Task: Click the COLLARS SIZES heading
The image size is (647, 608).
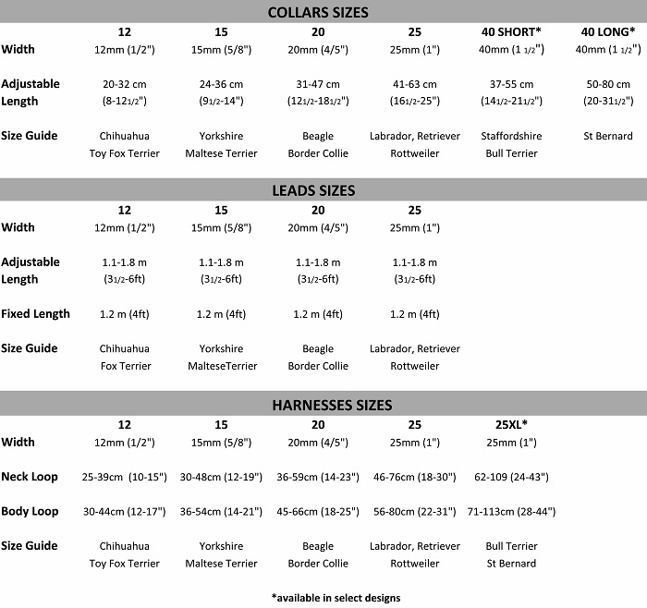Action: (x=317, y=12)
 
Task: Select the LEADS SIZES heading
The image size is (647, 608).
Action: (x=317, y=190)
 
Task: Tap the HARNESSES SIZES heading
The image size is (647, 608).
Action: (x=319, y=405)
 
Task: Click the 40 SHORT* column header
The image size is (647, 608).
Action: (x=511, y=31)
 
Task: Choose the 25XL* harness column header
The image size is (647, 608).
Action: (x=511, y=424)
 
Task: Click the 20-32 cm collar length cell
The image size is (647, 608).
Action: (x=125, y=84)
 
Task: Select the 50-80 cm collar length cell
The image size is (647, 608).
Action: (x=607, y=84)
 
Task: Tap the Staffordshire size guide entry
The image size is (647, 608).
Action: (x=511, y=136)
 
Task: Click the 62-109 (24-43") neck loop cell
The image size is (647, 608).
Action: (x=511, y=477)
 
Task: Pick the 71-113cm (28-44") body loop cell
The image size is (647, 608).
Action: (x=511, y=511)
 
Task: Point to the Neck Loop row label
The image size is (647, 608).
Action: (x=30, y=477)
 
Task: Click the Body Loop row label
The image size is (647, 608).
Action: (x=30, y=511)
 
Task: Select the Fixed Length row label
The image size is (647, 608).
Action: (x=35, y=314)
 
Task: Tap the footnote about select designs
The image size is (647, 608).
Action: (x=336, y=597)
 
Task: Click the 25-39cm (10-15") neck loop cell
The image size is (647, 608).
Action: (x=125, y=477)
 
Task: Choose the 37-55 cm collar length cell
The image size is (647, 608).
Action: (x=511, y=84)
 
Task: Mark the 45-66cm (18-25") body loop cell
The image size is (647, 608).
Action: (x=318, y=511)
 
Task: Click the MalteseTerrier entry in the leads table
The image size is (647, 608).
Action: (x=221, y=366)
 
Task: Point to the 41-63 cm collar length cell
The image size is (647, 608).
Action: (x=414, y=84)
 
